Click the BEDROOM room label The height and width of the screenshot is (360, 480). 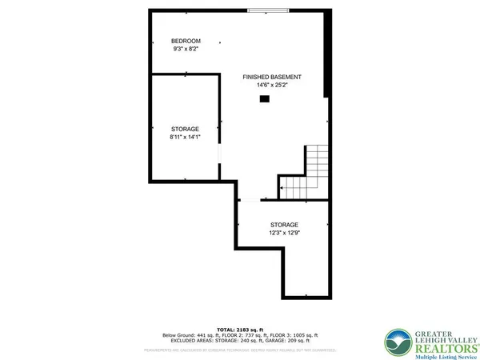[186, 41]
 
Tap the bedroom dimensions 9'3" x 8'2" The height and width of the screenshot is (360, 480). [186, 49]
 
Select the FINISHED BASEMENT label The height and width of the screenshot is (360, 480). [272, 77]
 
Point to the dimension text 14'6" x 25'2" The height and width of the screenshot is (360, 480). [272, 85]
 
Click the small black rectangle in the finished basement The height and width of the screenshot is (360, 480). [265, 99]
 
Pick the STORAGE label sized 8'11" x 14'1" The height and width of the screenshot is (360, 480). [185, 129]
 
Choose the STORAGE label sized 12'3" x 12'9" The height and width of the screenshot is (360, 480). [283, 225]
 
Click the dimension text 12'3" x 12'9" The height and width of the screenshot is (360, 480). [283, 233]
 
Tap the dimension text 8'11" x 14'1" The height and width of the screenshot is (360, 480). [185, 137]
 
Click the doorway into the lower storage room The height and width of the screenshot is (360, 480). [249, 199]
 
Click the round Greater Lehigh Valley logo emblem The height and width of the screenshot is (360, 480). [398, 342]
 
